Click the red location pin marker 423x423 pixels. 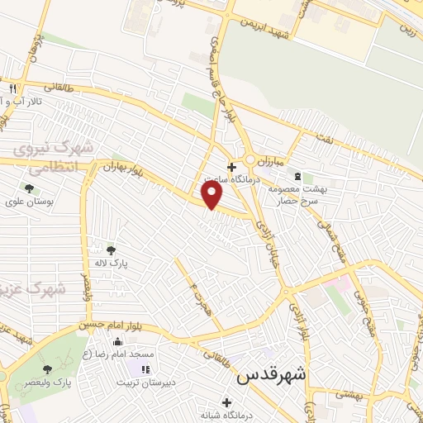point(213,194)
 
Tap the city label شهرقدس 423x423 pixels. point(271,375)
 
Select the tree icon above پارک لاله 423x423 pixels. point(112,250)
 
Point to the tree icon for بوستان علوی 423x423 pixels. point(29,188)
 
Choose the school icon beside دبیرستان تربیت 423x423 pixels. point(146,369)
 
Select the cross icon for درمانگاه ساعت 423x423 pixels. point(231,167)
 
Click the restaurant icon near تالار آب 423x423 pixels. point(12,88)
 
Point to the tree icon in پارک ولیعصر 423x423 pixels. point(47,369)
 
